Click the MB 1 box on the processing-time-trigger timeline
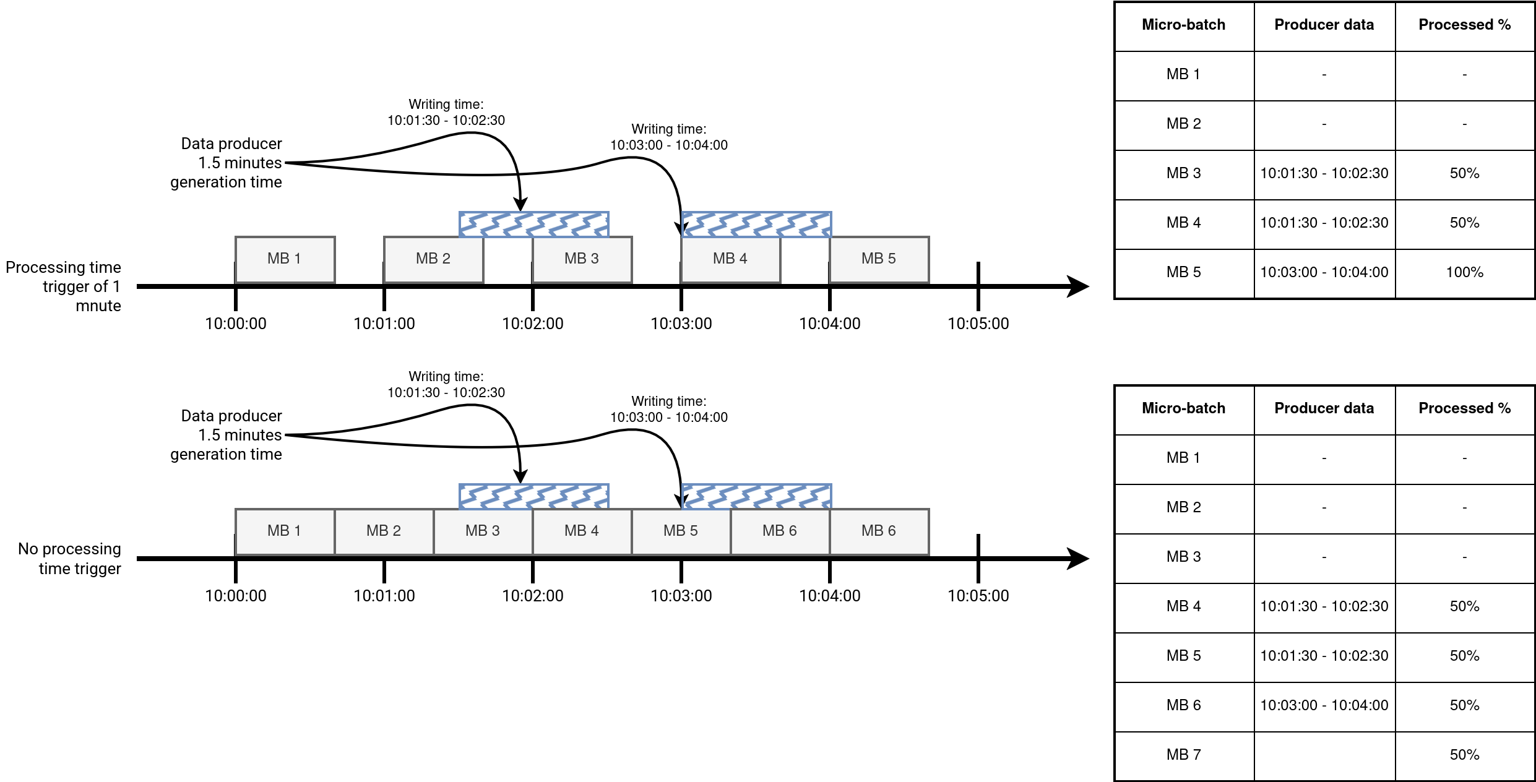(x=285, y=259)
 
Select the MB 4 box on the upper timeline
(x=730, y=259)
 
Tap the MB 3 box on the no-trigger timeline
(x=483, y=531)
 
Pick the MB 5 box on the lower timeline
(x=681, y=531)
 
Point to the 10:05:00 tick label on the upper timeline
(x=978, y=324)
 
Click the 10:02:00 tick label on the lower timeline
(x=532, y=596)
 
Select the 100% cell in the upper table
(x=1464, y=272)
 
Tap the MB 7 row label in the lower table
(x=1183, y=755)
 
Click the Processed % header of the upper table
(x=1464, y=25)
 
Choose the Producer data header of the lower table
(x=1324, y=408)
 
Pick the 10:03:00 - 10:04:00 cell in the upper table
(x=1324, y=272)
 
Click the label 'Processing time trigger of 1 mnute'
(x=64, y=286)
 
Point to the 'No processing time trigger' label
(x=70, y=559)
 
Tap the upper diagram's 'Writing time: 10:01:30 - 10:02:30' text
(x=446, y=113)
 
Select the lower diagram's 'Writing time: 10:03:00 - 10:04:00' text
(x=669, y=410)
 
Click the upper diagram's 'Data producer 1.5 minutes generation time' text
(x=227, y=163)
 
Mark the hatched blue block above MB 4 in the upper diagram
(x=756, y=224)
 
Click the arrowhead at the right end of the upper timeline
(x=1078, y=286)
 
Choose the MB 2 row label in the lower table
(x=1183, y=507)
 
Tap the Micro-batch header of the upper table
(x=1183, y=25)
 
